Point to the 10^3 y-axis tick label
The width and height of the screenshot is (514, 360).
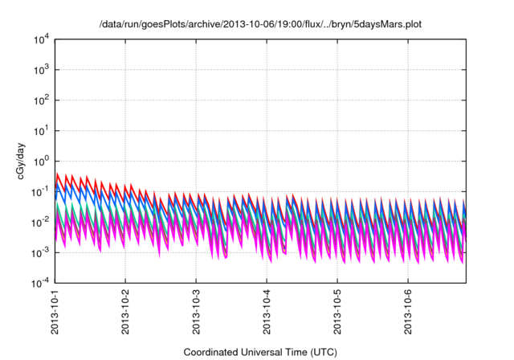point(43,70)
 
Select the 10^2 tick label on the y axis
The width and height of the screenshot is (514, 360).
point(43,100)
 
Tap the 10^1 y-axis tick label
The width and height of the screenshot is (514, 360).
point(43,131)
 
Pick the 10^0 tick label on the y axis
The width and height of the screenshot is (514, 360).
point(43,161)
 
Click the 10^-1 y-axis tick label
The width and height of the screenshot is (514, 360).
point(41,191)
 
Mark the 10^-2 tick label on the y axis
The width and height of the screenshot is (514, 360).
point(41,222)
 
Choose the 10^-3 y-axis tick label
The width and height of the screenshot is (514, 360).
point(41,252)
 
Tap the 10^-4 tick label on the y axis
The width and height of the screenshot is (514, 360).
point(41,283)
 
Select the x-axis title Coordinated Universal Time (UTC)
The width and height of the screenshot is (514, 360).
point(259,352)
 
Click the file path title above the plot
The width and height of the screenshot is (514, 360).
point(259,25)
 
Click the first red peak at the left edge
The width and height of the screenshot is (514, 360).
point(57,174)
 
